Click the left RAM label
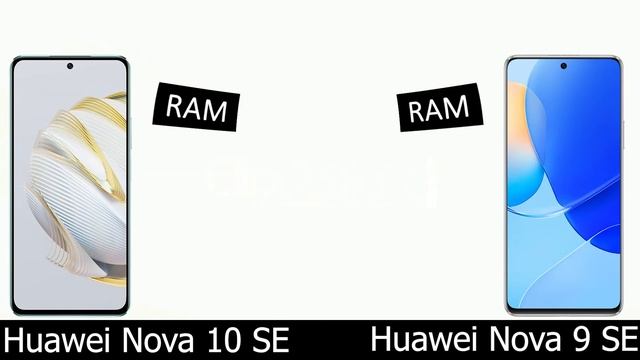[x=196, y=108]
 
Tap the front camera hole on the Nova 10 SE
[x=70, y=69]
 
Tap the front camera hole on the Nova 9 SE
[x=564, y=68]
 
